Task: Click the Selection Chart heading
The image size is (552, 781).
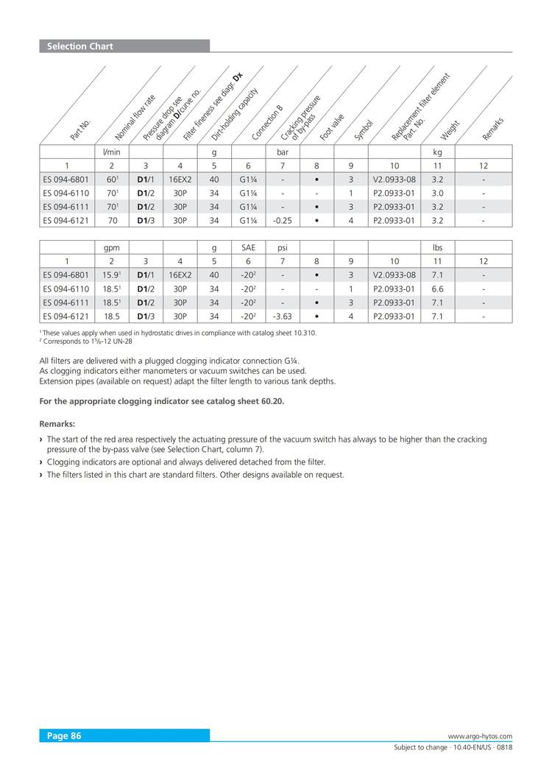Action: [x=80, y=46]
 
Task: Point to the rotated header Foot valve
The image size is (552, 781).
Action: [x=333, y=127]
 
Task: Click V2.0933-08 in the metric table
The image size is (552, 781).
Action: [x=394, y=179]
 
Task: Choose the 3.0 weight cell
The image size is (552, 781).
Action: [x=437, y=193]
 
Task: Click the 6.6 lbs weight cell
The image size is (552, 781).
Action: [x=437, y=289]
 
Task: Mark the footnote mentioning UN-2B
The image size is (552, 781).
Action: [x=87, y=342]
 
